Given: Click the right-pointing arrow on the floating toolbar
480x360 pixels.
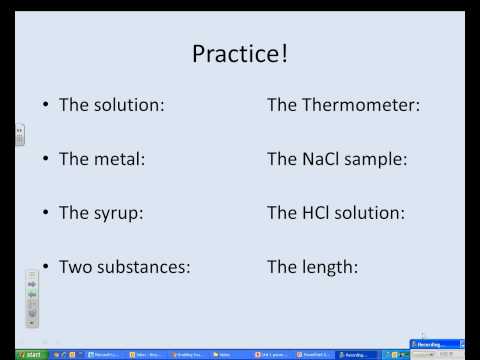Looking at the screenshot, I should click(32, 284).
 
